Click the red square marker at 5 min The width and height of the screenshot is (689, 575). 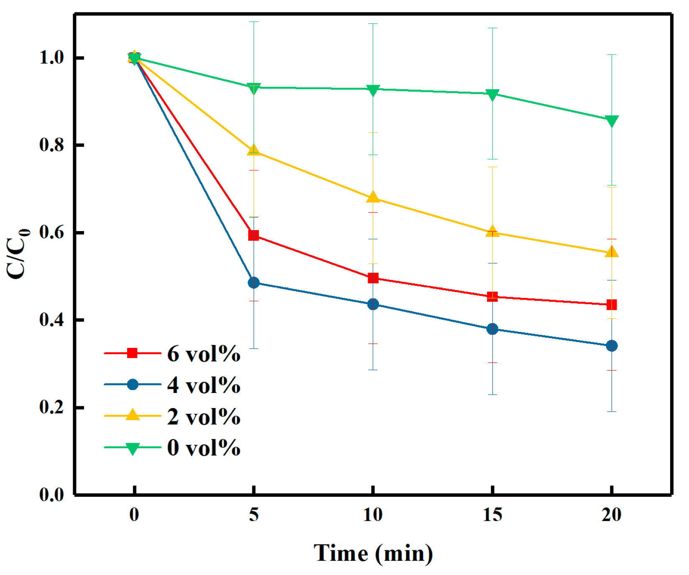tap(254, 235)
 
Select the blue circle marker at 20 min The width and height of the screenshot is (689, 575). tap(612, 346)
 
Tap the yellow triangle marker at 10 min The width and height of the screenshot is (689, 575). tap(373, 198)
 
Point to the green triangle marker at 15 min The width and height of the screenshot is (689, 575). tap(492, 95)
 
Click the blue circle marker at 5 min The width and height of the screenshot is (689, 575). tap(254, 282)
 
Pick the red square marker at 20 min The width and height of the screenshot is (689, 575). tap(612, 305)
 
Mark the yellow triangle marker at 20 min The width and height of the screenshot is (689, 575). tap(612, 252)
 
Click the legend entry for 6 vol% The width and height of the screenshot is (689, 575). tap(203, 354)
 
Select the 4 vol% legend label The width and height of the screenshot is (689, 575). tap(203, 385)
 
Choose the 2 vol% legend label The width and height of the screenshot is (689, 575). tap(203, 416)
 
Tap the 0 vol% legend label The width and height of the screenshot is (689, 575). tap(203, 448)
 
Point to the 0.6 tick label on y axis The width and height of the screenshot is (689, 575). tap(51, 232)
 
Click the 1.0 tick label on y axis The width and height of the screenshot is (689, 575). tap(51, 58)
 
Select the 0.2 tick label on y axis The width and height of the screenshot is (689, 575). tap(51, 407)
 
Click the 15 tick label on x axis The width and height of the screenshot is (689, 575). tap(492, 514)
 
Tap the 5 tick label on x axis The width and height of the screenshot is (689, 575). tap(254, 514)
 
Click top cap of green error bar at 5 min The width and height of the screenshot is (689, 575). tap(254, 22)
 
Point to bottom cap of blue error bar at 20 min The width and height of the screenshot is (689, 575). tap(612, 412)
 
